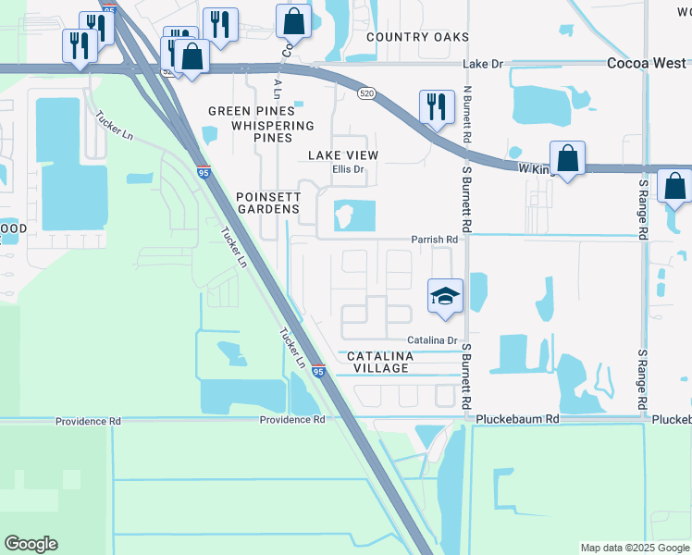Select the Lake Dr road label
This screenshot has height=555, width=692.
tap(481, 64)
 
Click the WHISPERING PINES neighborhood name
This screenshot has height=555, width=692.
tap(273, 131)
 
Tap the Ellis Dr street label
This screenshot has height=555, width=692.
tap(349, 170)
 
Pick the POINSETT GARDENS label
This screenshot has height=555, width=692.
tap(268, 203)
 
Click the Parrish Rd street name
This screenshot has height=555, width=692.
tap(435, 240)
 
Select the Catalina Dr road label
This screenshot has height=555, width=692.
tap(434, 341)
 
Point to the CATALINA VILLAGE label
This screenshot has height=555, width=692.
tap(377, 362)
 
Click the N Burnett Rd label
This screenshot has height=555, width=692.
tap(467, 115)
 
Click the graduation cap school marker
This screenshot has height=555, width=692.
tap(445, 297)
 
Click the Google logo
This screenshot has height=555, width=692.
tap(31, 544)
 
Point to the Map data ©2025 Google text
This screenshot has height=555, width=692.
tap(635, 548)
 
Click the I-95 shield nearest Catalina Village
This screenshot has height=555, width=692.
tap(317, 371)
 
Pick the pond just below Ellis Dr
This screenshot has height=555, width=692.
tap(353, 216)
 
